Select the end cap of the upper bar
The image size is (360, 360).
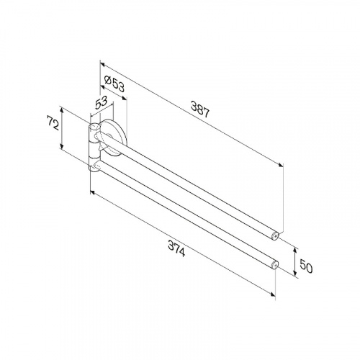(x=278, y=235)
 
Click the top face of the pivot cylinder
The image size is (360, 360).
(x=93, y=127)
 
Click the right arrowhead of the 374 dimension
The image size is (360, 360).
(x=276, y=294)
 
